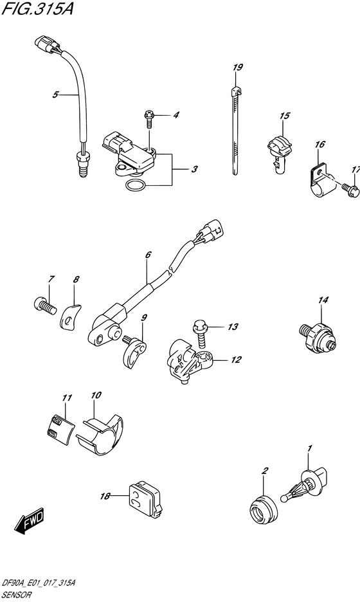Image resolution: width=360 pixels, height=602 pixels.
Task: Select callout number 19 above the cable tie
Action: pos(237,68)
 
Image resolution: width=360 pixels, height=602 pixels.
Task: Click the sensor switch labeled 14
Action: pos(316,333)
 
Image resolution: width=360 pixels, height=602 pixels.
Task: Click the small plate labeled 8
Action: pos(73,315)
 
